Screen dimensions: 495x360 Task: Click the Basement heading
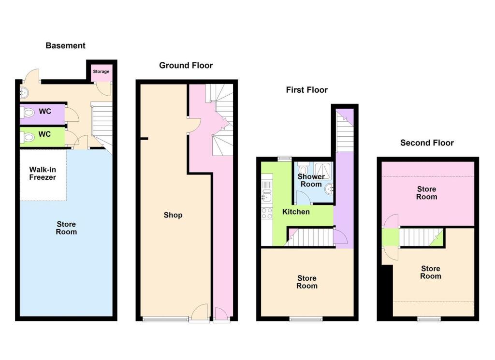coord(65,46)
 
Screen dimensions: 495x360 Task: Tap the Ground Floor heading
coord(186,65)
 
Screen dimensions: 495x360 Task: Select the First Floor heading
coord(306,90)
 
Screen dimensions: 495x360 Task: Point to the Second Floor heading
coord(427,143)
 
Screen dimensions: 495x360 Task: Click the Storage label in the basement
coord(101,72)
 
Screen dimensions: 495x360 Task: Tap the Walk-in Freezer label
coord(43,173)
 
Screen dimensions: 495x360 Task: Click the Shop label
coord(173,215)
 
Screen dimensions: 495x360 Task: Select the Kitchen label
coord(296,212)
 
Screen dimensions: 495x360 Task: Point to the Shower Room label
coord(311,180)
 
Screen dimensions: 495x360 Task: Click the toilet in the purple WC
coord(27,112)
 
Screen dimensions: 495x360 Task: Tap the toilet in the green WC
coord(27,137)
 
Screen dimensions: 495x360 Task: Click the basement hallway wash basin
coord(24,93)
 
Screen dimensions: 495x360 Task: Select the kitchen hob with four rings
coord(267,213)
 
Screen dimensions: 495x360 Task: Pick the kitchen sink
coord(267,196)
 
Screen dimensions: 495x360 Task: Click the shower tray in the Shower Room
coord(322,172)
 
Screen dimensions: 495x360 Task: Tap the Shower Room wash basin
coord(330,189)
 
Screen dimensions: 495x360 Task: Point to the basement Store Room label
coord(66,228)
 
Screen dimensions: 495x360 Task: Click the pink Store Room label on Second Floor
coord(426,193)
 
